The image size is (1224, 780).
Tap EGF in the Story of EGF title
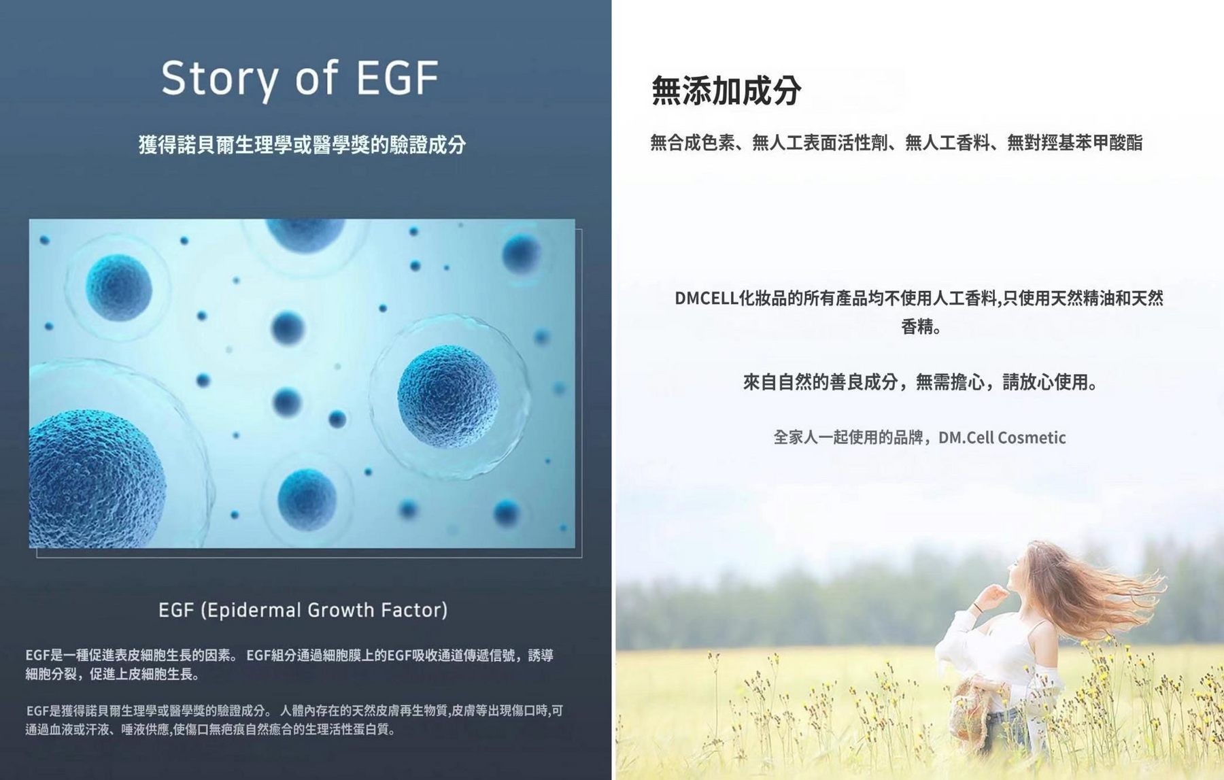pyautogui.click(x=397, y=77)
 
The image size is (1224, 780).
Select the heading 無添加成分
pyautogui.click(x=726, y=90)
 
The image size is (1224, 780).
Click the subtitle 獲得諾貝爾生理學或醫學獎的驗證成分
pyautogui.click(x=302, y=144)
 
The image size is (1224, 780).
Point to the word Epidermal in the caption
pyautogui.click(x=256, y=610)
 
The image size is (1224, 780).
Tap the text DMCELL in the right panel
pyautogui.click(x=706, y=298)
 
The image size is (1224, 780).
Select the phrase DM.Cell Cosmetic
pyautogui.click(x=1002, y=437)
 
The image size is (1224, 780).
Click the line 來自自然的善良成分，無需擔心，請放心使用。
pyautogui.click(x=920, y=382)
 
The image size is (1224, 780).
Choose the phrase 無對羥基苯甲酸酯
pyautogui.click(x=1074, y=143)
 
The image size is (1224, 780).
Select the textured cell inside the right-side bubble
pyautogui.click(x=447, y=396)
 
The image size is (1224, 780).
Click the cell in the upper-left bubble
pyautogui.click(x=119, y=287)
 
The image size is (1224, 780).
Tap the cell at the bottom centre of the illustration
pyautogui.click(x=307, y=499)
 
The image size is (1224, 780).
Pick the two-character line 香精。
pyautogui.click(x=921, y=327)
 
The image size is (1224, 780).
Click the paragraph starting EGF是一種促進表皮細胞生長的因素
pyautogui.click(x=290, y=664)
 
